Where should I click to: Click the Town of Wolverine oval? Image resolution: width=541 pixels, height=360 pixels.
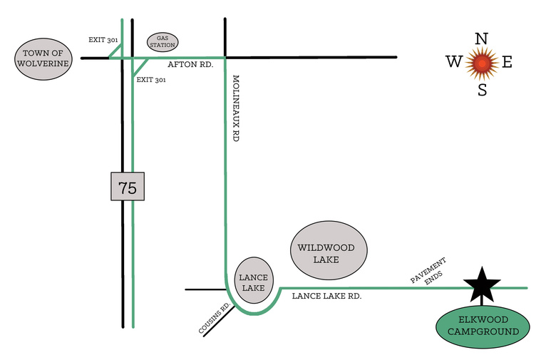[43, 59]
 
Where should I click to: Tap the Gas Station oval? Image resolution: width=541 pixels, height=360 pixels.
[163, 42]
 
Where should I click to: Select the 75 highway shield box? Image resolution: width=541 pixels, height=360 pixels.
[128, 186]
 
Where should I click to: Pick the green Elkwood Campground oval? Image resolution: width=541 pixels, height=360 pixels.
[483, 326]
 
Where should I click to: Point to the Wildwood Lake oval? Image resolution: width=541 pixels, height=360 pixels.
[329, 250]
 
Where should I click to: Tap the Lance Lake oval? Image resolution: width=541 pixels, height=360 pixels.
[254, 280]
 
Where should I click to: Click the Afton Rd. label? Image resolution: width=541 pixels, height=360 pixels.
[190, 65]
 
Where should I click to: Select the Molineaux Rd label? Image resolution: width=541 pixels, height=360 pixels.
[236, 108]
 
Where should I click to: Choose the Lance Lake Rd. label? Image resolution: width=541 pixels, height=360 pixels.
[326, 296]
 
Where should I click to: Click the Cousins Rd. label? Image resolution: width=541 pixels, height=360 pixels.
[215, 318]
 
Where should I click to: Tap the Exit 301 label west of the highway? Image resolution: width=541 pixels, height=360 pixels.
[103, 40]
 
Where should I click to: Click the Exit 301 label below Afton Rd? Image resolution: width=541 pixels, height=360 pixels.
[151, 80]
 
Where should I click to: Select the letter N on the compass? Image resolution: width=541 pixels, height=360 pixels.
[482, 38]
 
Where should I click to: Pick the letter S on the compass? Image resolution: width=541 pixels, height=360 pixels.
[483, 90]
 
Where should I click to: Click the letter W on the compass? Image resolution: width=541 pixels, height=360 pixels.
[453, 62]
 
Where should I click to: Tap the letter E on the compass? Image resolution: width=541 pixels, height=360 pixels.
[507, 62]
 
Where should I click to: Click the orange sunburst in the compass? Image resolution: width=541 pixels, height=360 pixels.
[482, 63]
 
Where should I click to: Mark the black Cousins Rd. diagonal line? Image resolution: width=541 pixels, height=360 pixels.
[219, 321]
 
